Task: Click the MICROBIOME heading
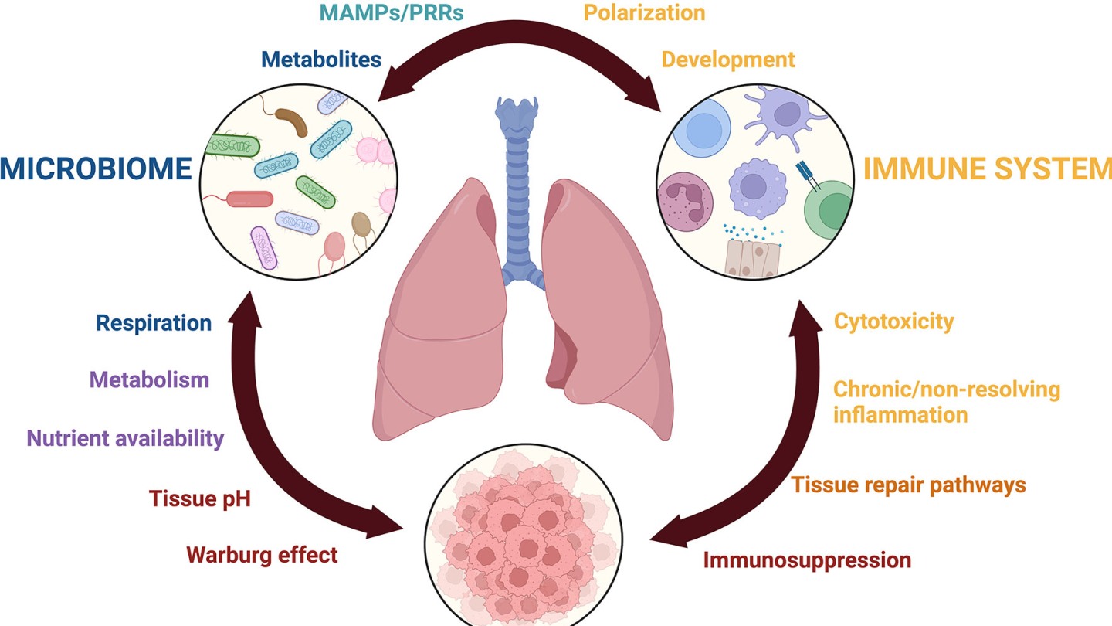coord(95,168)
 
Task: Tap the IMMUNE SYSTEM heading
coord(987,168)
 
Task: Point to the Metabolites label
coord(321,59)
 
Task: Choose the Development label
coord(728,59)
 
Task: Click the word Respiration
coord(154,322)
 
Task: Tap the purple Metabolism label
coord(149,379)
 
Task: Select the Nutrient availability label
coord(125,438)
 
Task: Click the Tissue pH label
coord(200,498)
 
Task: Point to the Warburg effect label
coord(262,554)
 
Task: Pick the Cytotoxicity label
coord(893,321)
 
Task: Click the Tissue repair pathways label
coord(908,485)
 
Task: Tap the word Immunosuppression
coord(807,560)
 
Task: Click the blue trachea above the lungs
coord(518,185)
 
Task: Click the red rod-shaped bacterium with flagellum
coord(249,199)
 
